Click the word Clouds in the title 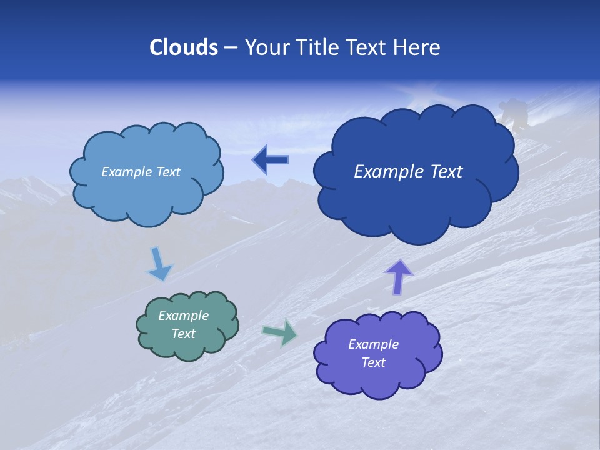coord(183,47)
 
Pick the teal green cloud coord(187,347)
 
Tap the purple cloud coord(378,381)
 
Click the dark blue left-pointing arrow coord(271,160)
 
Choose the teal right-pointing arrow coord(280,332)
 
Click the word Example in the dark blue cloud coord(386,172)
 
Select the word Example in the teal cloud coord(184,316)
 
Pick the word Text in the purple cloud coord(374,362)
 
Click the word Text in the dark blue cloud coord(446,172)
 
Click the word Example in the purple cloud coord(373,344)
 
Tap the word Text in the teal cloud coord(184,334)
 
